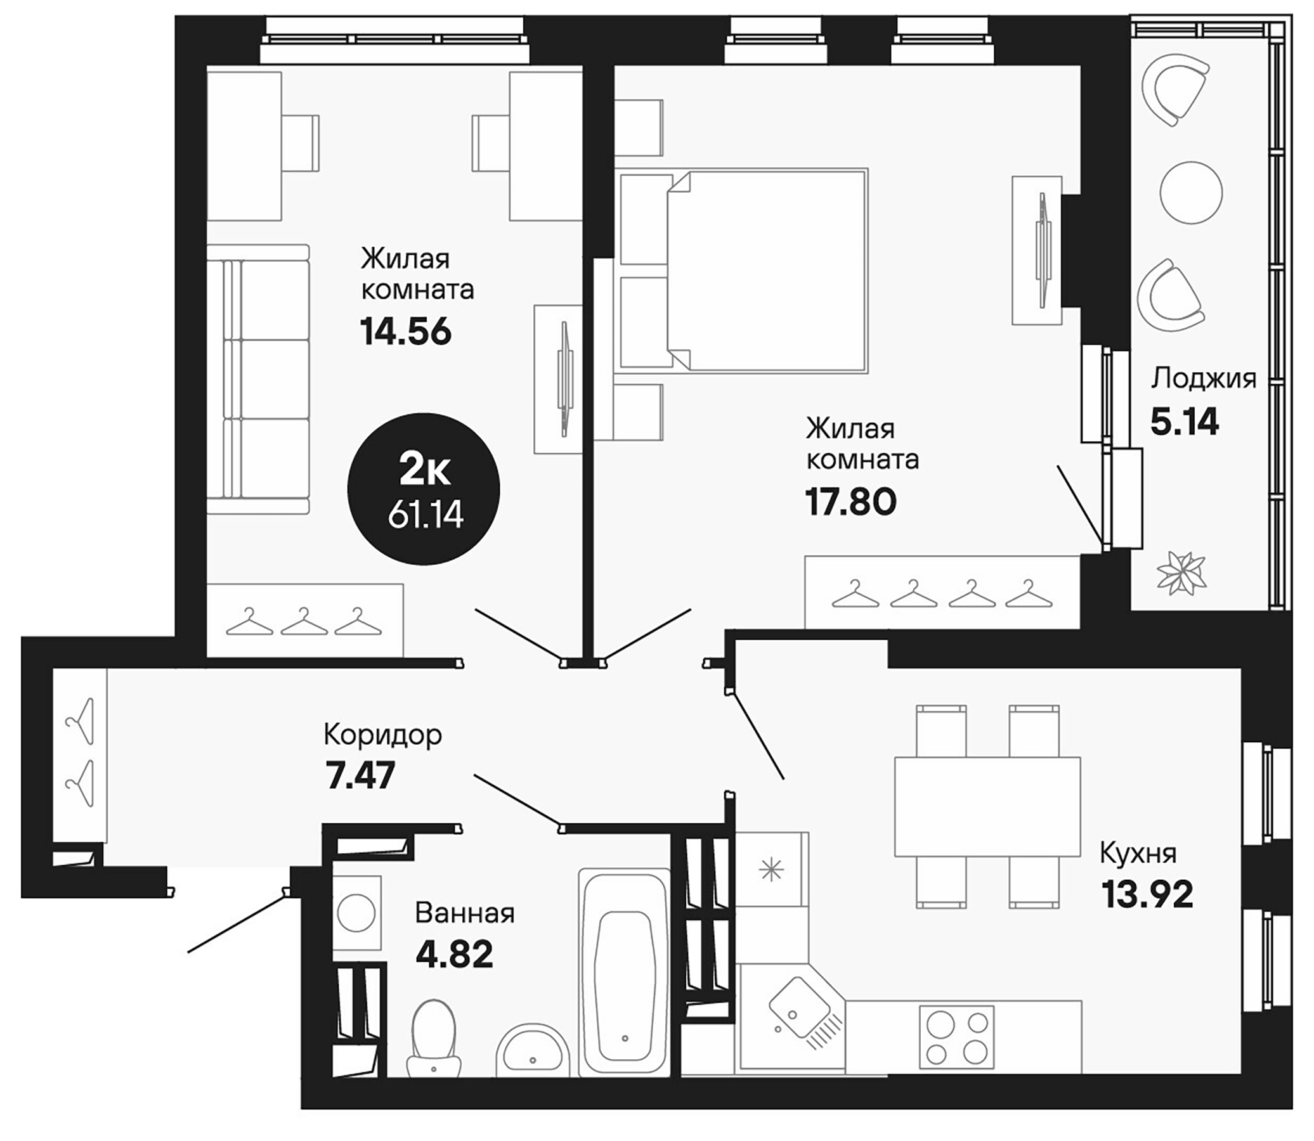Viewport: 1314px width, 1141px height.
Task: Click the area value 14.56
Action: [x=406, y=332]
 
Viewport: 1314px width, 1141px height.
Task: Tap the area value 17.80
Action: [x=851, y=502]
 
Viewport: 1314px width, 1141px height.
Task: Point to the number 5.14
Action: [x=1184, y=422]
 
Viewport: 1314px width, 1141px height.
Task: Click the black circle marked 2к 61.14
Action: [x=424, y=489]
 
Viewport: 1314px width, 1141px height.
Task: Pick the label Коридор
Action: [x=382, y=735]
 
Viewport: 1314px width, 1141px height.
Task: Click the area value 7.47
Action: [x=360, y=775]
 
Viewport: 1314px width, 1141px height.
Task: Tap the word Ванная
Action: [x=464, y=913]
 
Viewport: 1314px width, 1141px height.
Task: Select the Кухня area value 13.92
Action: [x=1147, y=895]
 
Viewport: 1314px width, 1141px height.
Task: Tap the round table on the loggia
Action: [x=1190, y=192]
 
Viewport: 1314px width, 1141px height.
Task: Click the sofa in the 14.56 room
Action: [x=258, y=379]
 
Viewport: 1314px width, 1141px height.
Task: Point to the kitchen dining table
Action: [x=987, y=806]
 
